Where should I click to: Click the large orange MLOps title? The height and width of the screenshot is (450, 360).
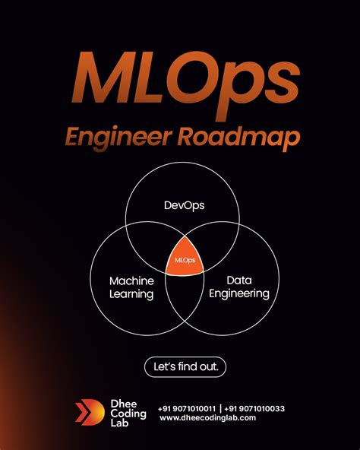coord(185,82)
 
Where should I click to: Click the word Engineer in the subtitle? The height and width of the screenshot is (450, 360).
coord(118,138)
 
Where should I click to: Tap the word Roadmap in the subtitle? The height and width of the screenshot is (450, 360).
coord(238,137)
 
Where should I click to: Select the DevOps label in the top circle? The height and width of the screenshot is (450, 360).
coord(184,205)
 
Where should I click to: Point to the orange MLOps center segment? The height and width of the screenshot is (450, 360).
coord(185,258)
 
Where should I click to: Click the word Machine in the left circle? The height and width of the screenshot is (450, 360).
coord(131,281)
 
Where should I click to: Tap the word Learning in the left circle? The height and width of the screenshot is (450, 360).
coord(131,294)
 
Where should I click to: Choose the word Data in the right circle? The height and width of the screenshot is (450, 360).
coord(239,280)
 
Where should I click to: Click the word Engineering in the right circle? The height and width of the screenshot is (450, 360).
coord(239,294)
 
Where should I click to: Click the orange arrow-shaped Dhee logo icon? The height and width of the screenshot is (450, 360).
coord(90,413)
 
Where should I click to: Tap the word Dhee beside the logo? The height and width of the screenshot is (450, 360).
coord(124,404)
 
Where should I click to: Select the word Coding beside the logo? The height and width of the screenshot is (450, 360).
coord(128,414)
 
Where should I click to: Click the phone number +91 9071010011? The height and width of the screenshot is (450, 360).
coord(187,408)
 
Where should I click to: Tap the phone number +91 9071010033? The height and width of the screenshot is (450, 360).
coord(254,408)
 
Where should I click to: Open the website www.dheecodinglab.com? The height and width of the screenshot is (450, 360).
coord(207,418)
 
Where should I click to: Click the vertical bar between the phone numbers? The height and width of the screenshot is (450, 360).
coord(220,408)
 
